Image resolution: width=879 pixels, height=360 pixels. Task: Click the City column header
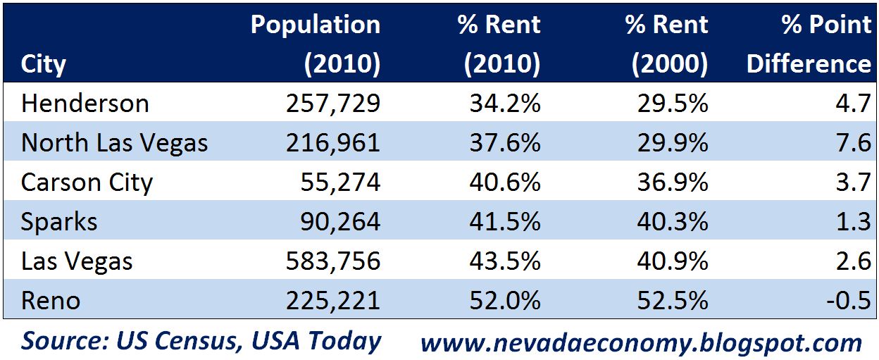point(44,64)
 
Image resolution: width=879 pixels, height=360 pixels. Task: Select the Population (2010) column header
point(316,44)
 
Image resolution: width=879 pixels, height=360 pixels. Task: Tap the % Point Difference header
point(809,44)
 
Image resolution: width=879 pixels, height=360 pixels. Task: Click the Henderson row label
point(85,104)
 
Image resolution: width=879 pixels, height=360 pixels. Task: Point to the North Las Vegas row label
point(115,143)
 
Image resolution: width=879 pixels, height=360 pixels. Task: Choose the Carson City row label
point(87,182)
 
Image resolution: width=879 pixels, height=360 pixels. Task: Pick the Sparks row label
point(59,222)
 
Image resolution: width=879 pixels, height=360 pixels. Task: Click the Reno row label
point(51,301)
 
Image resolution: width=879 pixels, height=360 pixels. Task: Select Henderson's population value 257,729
point(333,104)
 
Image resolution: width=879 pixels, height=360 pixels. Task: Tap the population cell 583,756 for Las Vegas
point(333,261)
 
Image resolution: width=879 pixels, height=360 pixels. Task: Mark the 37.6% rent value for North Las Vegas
point(504,143)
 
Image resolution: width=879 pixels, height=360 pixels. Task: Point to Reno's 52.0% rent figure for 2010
point(504,301)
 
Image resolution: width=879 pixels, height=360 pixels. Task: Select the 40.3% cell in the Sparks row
point(671,222)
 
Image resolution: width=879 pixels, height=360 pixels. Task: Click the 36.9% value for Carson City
point(671,182)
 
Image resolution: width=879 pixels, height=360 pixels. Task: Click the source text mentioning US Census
point(201,341)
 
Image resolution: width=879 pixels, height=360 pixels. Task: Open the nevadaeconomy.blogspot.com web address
point(641,342)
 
